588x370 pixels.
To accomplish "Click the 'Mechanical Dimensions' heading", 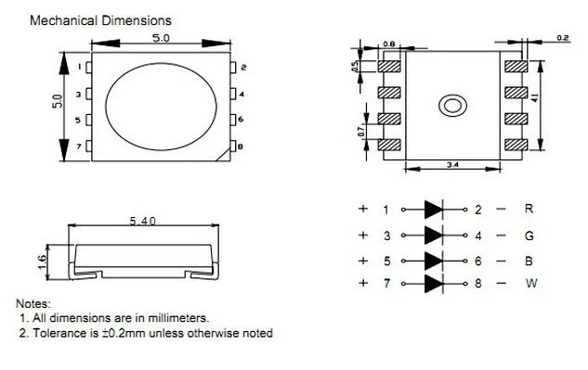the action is (x=100, y=20).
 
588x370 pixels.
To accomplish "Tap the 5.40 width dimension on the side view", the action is (x=142, y=221).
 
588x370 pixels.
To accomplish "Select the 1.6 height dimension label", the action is (x=42, y=262).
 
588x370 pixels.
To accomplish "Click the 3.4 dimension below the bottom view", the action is (x=452, y=164).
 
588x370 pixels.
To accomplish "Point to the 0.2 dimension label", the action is (x=563, y=38).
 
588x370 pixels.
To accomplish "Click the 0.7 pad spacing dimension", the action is (x=360, y=132).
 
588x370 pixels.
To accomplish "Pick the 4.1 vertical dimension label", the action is (x=535, y=97).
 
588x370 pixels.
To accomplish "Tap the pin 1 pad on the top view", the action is (x=89, y=68).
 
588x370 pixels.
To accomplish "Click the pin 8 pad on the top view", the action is (x=233, y=147).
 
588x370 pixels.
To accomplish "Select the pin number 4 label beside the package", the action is (x=242, y=94).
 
